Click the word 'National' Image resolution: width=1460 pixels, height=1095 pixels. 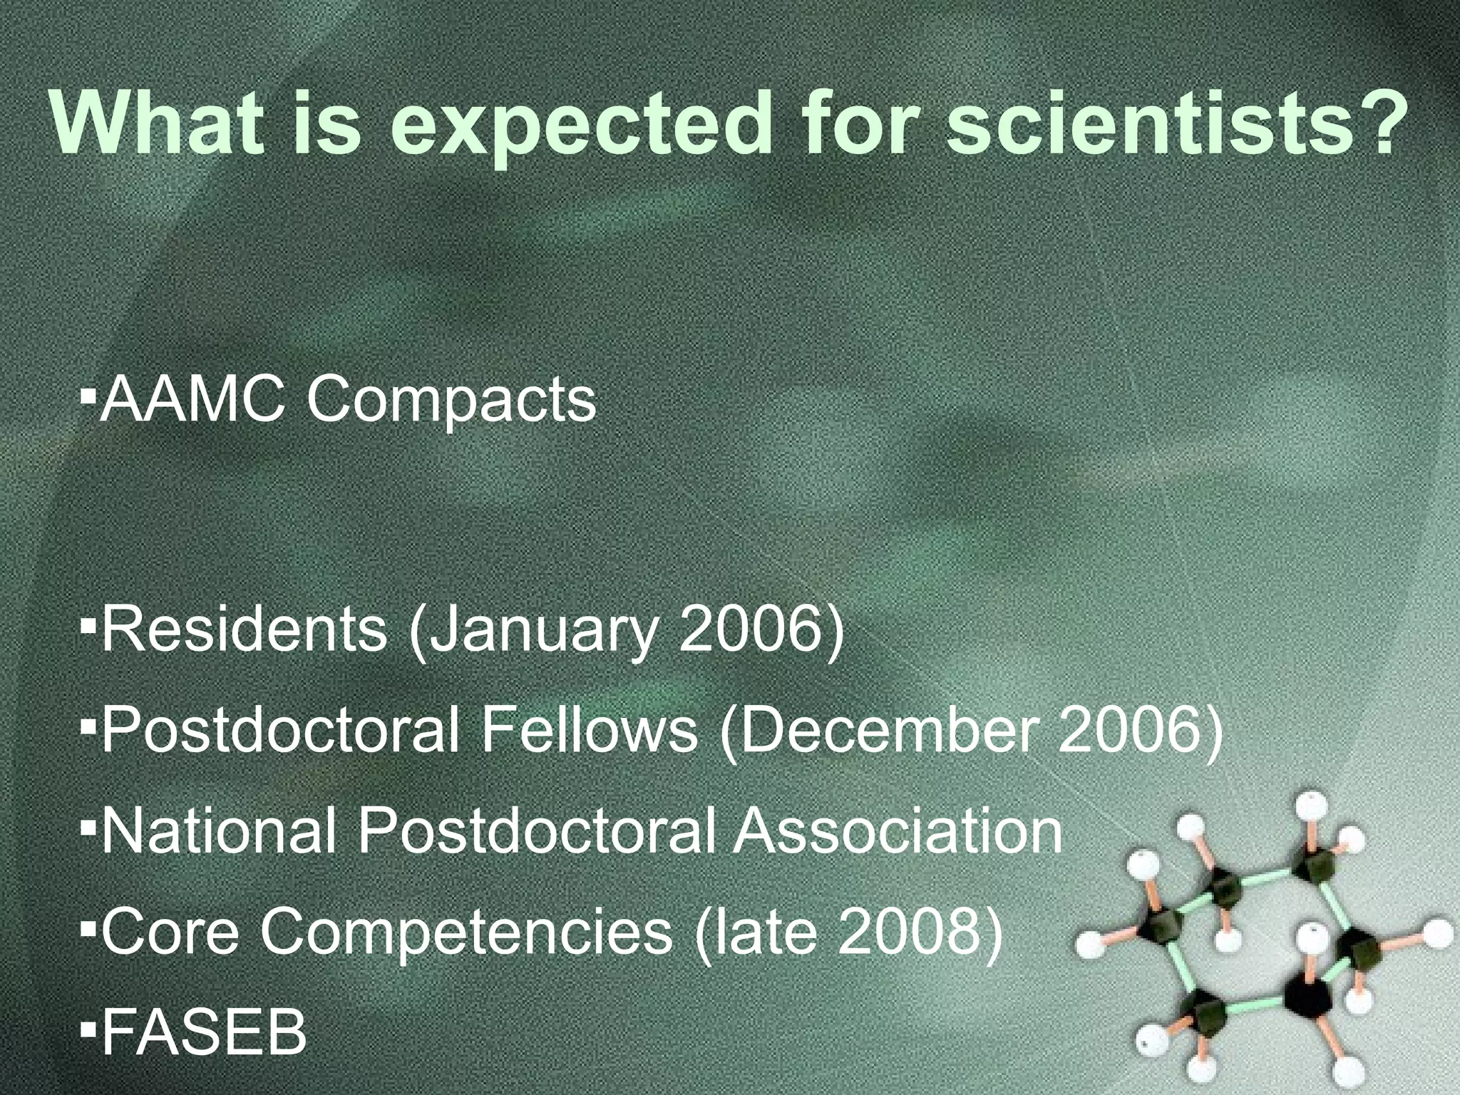(x=218, y=831)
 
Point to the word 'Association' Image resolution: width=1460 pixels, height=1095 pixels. (x=898, y=831)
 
